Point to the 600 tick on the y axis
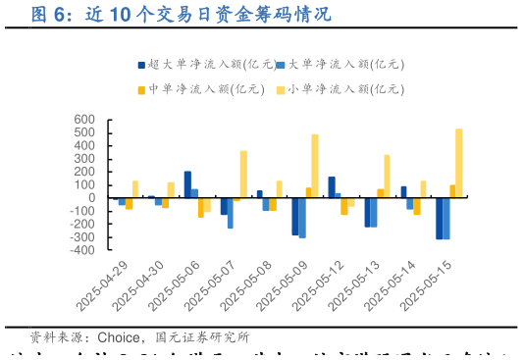click(84, 120)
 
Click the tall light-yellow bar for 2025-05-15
click(458, 164)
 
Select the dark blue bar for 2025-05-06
click(187, 184)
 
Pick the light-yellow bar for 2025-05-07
click(243, 174)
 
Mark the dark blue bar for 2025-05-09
click(294, 217)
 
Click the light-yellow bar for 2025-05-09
click(315, 166)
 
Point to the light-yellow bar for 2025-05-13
click(387, 176)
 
